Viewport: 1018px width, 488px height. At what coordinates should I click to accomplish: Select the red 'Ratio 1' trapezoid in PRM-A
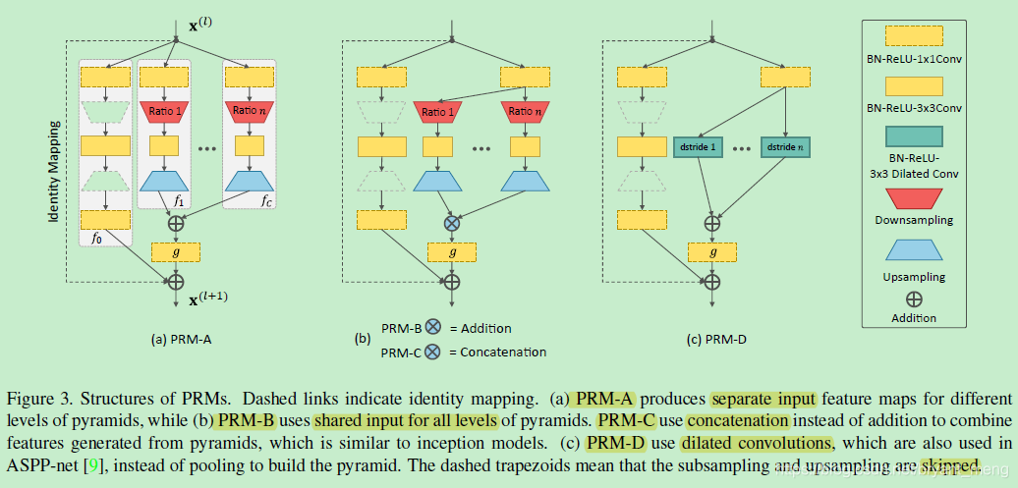163,111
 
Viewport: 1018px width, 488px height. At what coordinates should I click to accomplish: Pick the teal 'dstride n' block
786,147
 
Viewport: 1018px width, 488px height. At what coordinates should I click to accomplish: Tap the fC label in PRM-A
266,200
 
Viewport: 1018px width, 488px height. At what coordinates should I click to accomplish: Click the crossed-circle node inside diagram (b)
451,223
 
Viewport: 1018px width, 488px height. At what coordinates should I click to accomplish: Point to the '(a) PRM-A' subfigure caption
182,340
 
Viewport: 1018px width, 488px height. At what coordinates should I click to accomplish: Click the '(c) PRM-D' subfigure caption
716,340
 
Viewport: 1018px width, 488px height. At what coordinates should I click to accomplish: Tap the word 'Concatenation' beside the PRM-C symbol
501,352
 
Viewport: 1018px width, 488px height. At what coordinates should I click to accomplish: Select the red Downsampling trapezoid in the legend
914,200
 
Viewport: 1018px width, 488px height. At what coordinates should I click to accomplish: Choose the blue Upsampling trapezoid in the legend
914,253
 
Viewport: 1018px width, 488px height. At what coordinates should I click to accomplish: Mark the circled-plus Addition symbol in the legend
914,299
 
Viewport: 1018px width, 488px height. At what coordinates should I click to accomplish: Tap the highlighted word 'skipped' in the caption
950,463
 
